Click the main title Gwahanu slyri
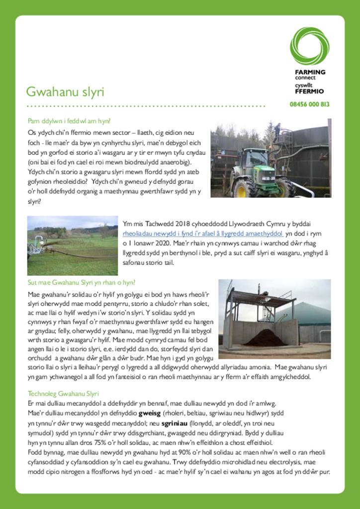65,92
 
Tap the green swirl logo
309,46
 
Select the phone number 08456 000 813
309,104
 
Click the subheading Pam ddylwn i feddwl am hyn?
69,121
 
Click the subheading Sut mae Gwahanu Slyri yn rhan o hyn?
82,282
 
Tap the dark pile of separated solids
265,338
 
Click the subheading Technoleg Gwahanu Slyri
63,393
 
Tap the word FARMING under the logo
310,72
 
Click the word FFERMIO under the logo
309,91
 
